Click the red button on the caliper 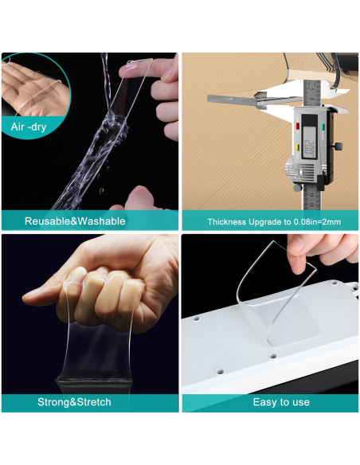(x=297, y=127)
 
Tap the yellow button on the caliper (x=297, y=147)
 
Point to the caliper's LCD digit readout (x=309, y=147)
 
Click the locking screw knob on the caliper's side (x=338, y=146)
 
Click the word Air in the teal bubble (x=17, y=127)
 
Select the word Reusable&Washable (x=75, y=221)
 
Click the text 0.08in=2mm (x=317, y=222)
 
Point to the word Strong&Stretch (x=74, y=402)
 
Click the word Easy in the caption (x=264, y=402)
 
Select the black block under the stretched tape (x=94, y=385)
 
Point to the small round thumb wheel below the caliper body (x=297, y=187)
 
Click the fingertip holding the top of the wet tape (x=131, y=68)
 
